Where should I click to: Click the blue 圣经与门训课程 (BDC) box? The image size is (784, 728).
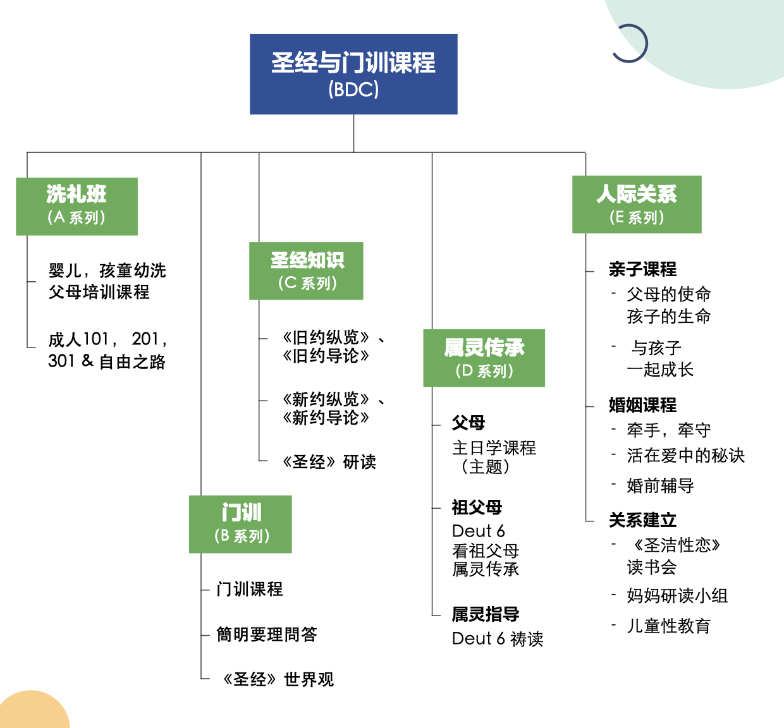tap(353, 74)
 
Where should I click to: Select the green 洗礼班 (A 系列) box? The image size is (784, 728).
tap(77, 206)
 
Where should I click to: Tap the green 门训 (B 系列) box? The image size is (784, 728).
tap(240, 524)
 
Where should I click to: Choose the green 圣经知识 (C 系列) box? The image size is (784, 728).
tap(306, 270)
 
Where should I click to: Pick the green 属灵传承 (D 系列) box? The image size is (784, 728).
tap(484, 358)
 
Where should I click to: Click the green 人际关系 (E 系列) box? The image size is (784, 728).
tap(637, 204)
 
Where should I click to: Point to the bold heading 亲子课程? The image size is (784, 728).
tap(642, 269)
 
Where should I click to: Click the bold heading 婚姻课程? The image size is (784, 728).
tap(642, 404)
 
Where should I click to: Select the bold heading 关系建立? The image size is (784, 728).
tap(642, 520)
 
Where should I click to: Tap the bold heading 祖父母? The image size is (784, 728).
tap(477, 507)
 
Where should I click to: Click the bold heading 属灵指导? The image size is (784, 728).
tap(486, 614)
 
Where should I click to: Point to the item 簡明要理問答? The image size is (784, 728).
tap(267, 634)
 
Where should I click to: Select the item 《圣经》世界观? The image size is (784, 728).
tap(277, 679)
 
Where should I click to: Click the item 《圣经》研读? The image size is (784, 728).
tap(329, 462)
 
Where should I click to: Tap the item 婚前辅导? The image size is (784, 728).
tap(660, 485)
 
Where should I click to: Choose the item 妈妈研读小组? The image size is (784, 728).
tap(677, 595)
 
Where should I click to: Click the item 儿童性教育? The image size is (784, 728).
tap(668, 626)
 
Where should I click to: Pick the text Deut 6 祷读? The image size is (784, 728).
tap(498, 639)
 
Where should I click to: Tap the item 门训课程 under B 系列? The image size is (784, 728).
tap(250, 589)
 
